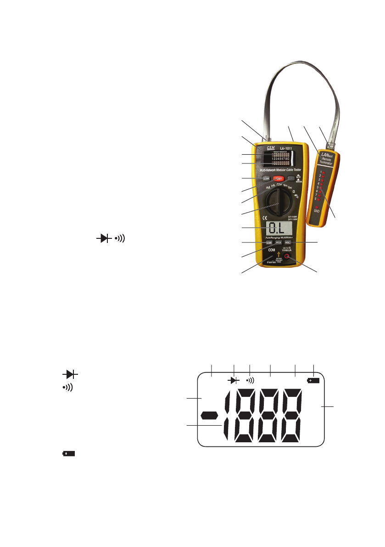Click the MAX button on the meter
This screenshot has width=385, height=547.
[x=279, y=242]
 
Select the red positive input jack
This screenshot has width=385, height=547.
[x=287, y=257]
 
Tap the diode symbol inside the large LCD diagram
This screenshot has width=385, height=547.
[x=234, y=381]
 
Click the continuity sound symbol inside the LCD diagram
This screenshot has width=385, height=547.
[x=250, y=380]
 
